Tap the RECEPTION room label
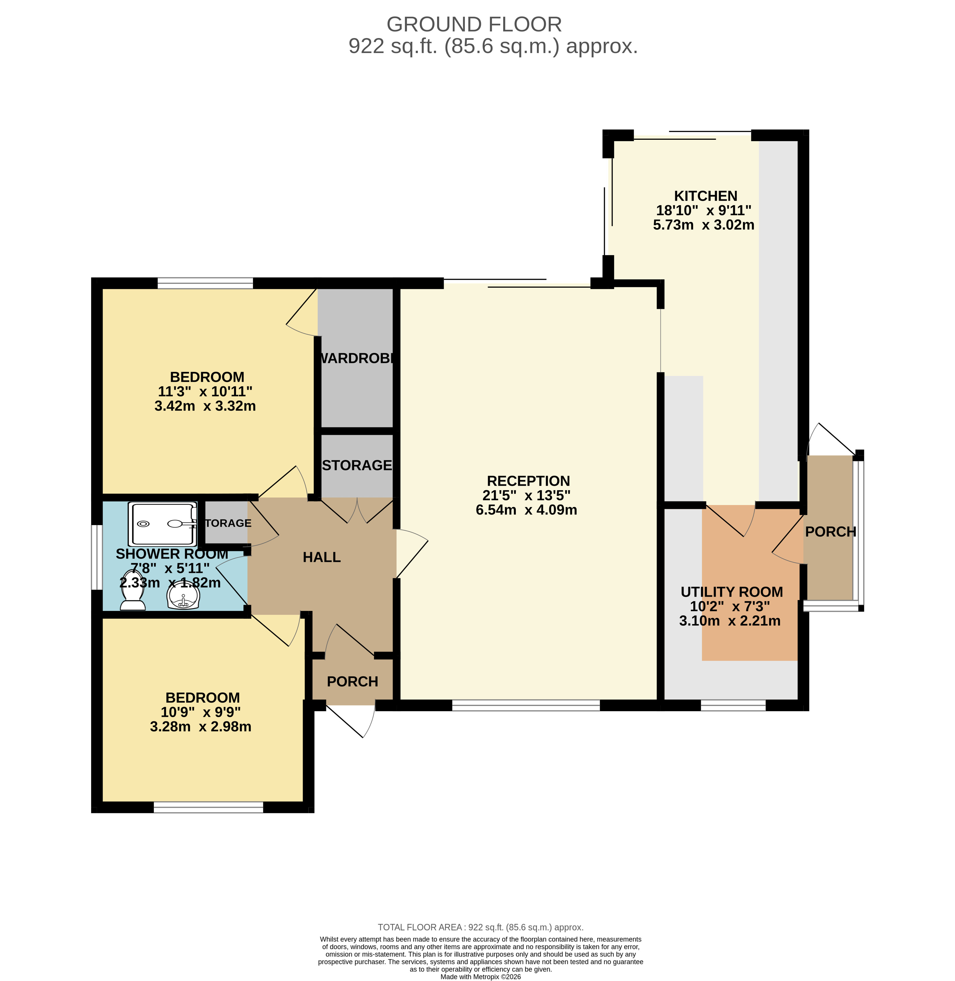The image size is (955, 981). [528, 481]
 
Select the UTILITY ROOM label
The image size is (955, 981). [732, 592]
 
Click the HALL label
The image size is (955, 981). [322, 557]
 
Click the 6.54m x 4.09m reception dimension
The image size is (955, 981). [526, 510]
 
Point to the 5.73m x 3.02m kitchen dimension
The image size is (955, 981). [704, 225]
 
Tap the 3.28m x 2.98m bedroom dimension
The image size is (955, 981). [201, 727]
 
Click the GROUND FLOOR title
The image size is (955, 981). [474, 24]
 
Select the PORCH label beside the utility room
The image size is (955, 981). [831, 532]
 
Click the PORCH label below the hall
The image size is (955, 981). [353, 682]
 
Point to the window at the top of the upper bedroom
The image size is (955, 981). [205, 283]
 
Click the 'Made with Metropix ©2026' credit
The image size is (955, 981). [480, 976]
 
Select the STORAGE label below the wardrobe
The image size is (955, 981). [357, 465]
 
